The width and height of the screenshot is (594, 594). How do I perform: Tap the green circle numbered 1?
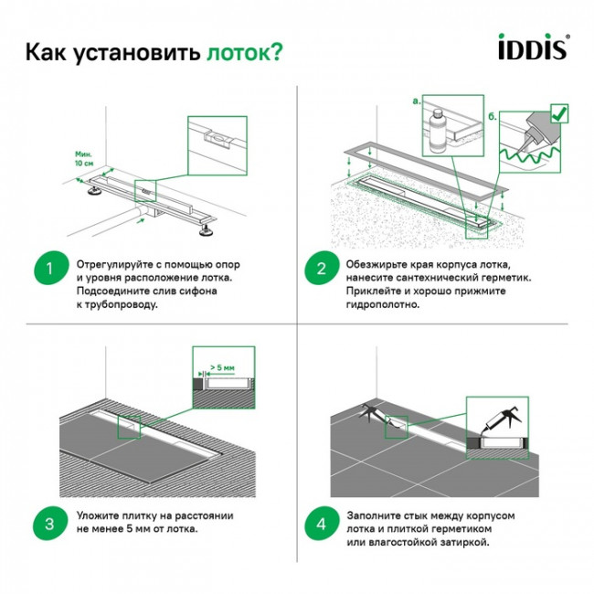(x=51, y=270)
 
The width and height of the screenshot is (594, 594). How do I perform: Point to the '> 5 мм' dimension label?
(x=221, y=367)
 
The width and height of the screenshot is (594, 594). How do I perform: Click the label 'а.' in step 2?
(x=418, y=100)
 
